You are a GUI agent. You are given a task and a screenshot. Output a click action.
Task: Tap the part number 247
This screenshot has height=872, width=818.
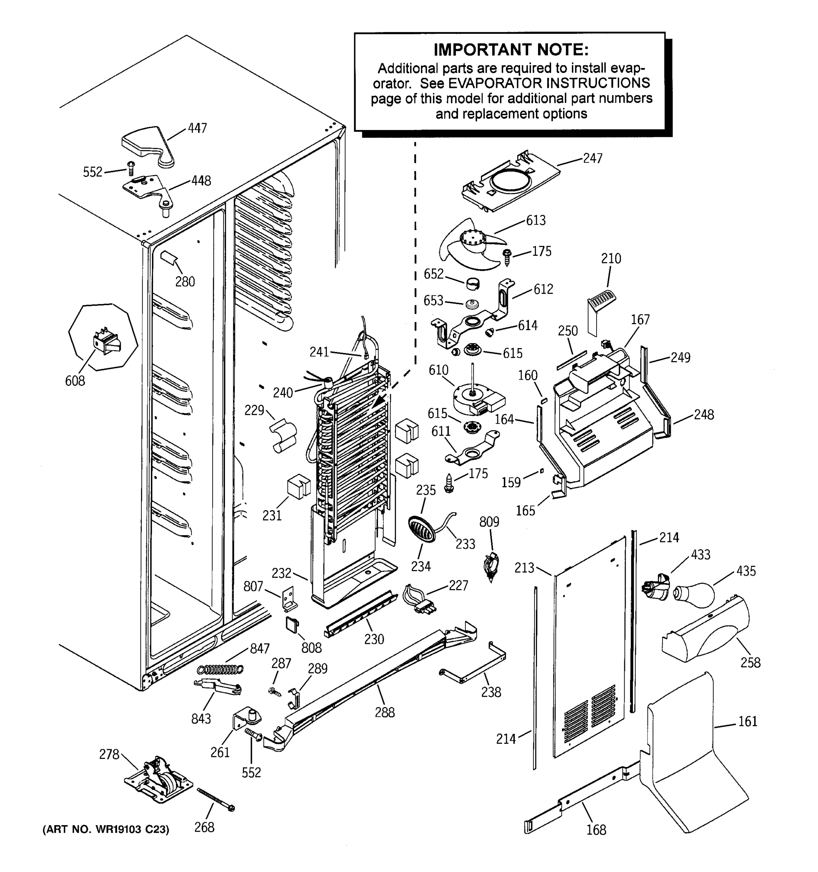coord(593,158)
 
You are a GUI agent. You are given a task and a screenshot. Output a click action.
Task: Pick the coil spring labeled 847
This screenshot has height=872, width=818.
coord(220,669)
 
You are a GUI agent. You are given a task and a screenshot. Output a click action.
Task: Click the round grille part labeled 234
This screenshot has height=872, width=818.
coord(422,529)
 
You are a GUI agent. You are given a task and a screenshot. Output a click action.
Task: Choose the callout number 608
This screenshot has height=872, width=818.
coord(75,381)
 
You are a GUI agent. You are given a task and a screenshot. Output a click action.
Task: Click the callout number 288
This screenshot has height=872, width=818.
coord(384,712)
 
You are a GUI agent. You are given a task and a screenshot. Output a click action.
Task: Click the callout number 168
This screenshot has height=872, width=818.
coord(596,830)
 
